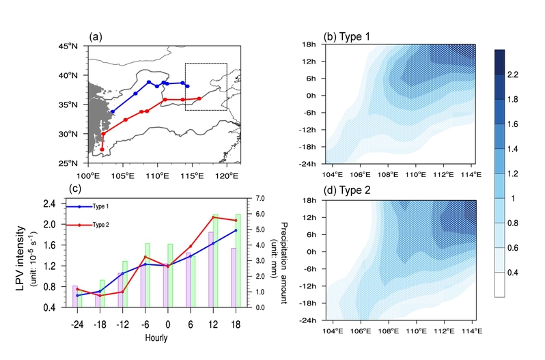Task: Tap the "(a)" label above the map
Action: [95, 38]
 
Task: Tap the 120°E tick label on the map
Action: [226, 174]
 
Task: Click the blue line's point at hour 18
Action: [236, 230]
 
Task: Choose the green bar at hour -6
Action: [148, 275]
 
